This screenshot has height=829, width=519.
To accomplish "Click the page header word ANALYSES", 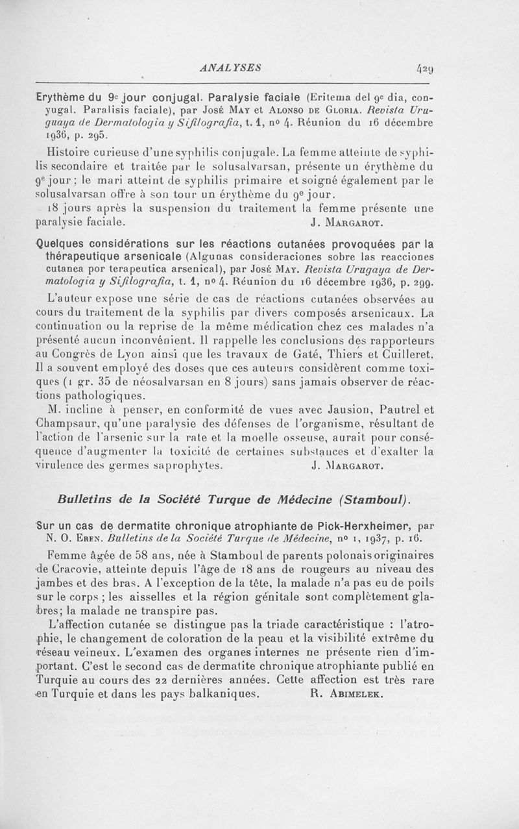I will click(231, 66).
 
